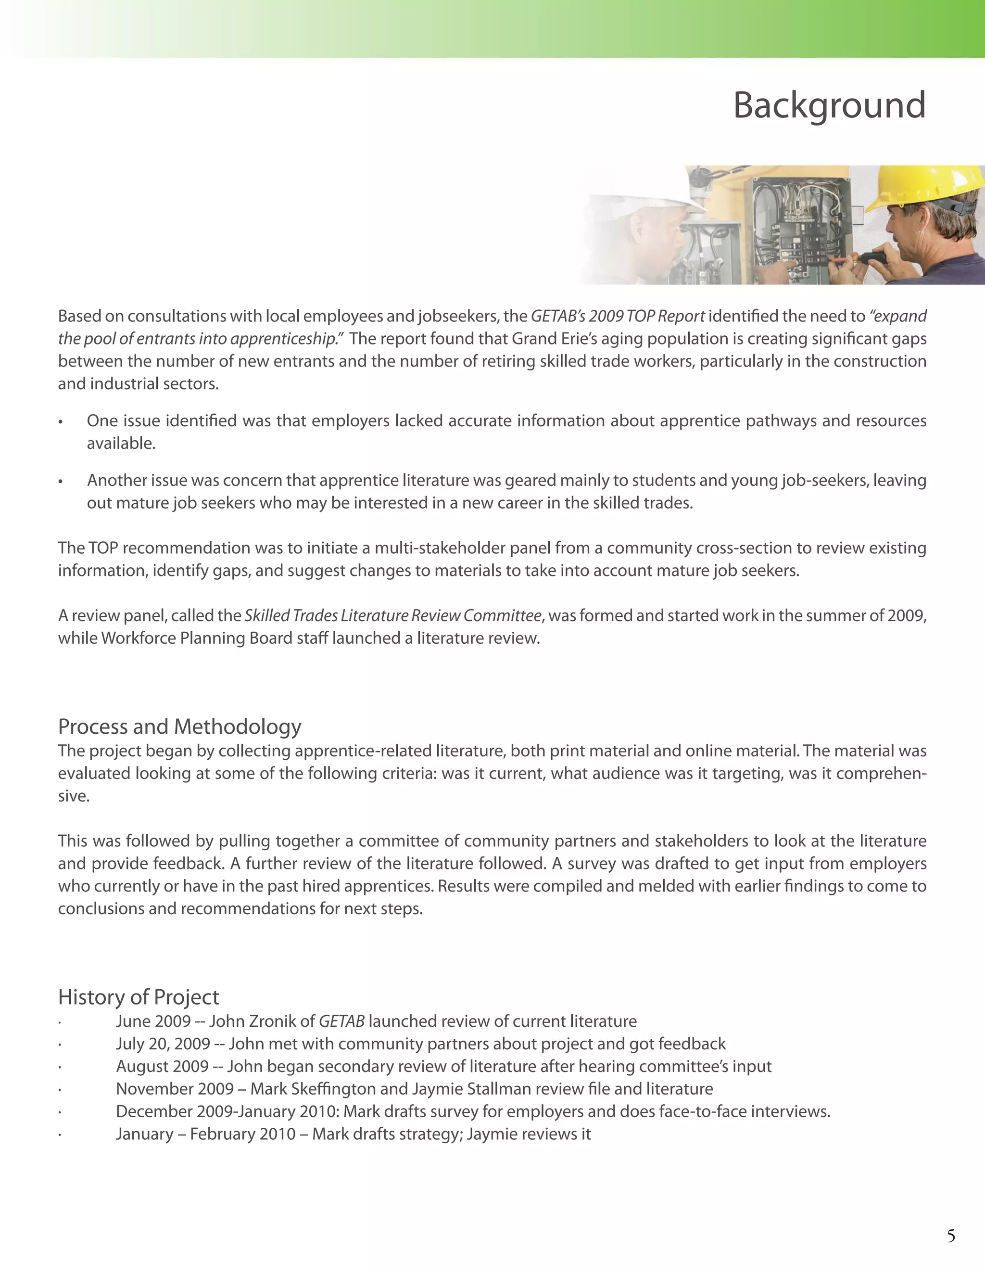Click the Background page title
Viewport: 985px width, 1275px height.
click(x=829, y=106)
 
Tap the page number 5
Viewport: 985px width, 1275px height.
click(x=950, y=1236)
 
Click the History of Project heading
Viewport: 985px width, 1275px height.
click(x=139, y=996)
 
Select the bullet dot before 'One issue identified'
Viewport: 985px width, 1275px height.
click(x=60, y=422)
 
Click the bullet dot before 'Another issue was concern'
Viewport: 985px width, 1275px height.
click(x=60, y=482)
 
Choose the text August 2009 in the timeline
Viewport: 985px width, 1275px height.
click(x=162, y=1066)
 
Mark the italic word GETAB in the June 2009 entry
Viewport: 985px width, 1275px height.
click(x=341, y=1021)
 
